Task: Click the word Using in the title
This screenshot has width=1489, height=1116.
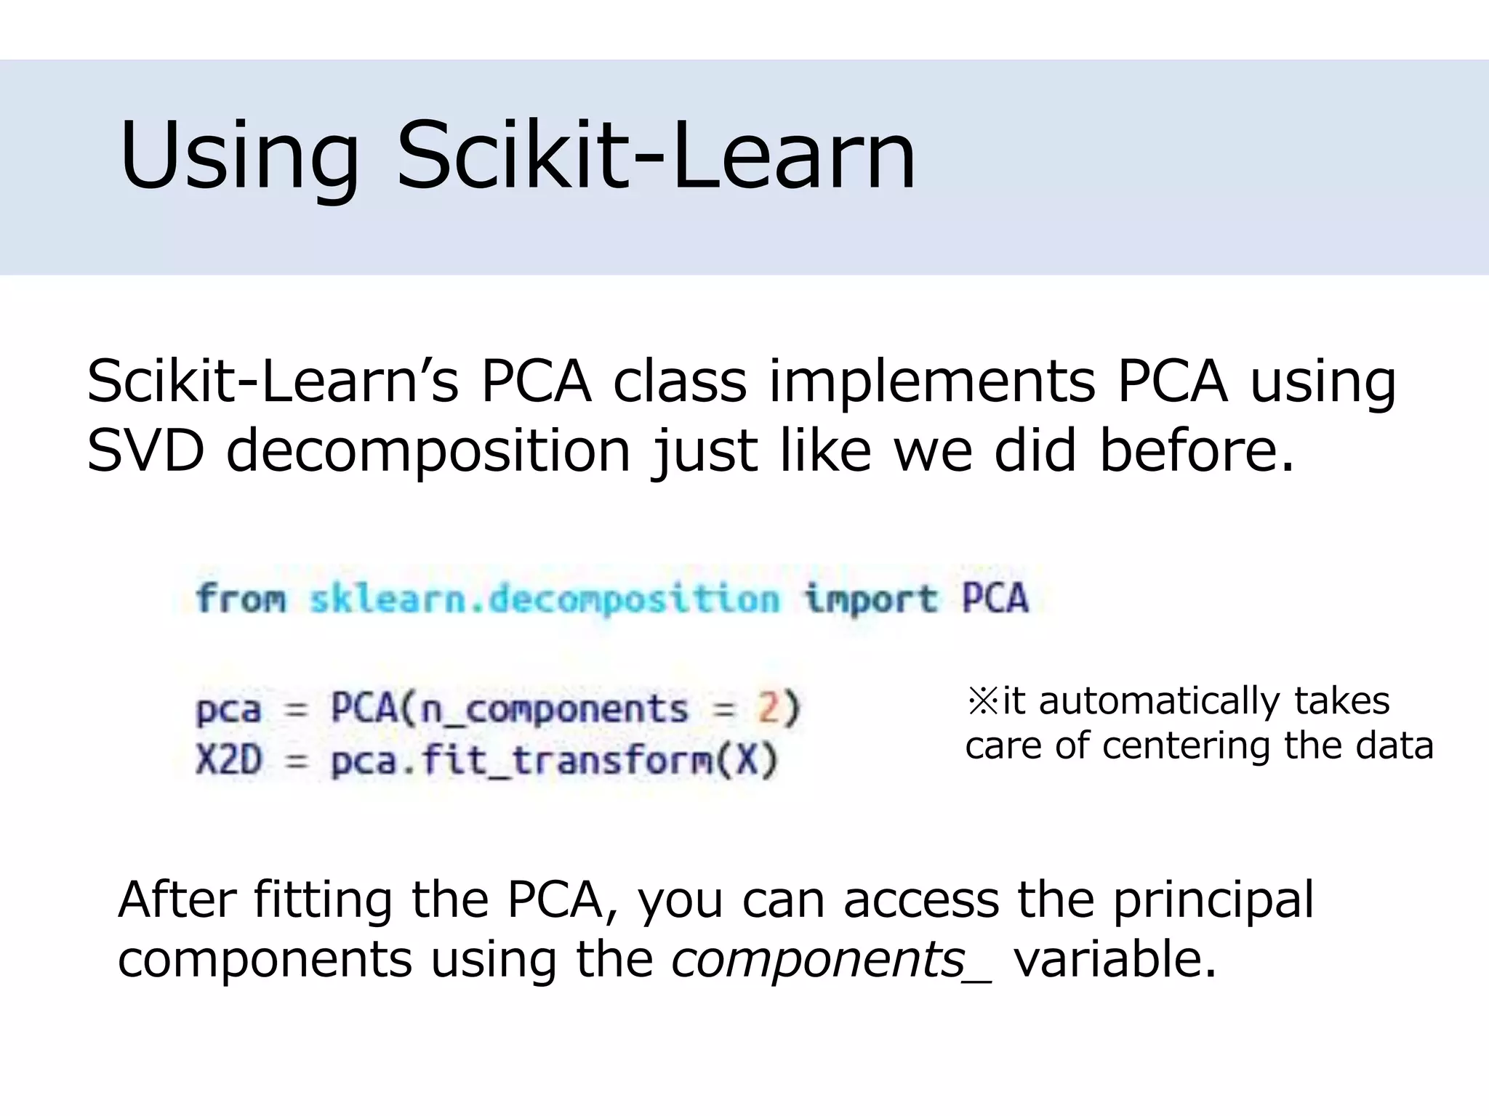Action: pyautogui.click(x=239, y=157)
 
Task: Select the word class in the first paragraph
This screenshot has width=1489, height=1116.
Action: pyautogui.click(x=679, y=382)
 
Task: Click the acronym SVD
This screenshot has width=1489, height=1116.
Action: pyautogui.click(x=145, y=450)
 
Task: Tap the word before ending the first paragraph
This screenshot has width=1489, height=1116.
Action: pyautogui.click(x=1197, y=450)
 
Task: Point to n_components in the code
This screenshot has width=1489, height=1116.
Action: pyautogui.click(x=554, y=709)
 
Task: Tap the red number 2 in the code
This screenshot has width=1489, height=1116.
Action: pyautogui.click(x=768, y=708)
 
